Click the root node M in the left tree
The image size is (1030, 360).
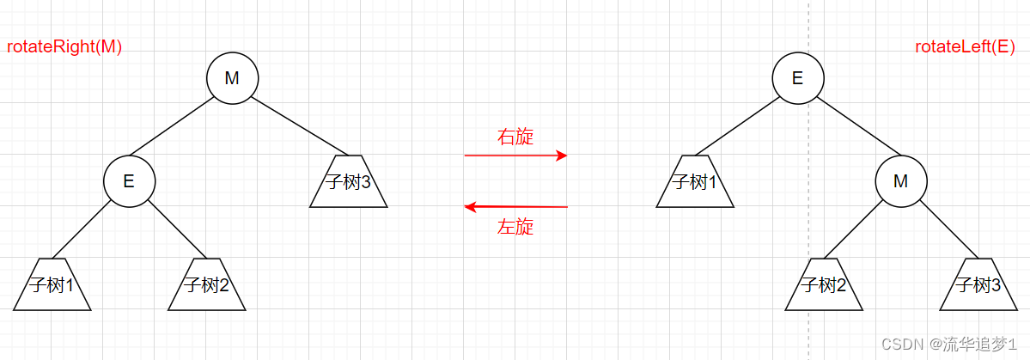click(232, 78)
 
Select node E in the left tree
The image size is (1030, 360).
click(129, 181)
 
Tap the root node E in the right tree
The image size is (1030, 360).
click(797, 78)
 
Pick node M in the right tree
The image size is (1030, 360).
click(900, 181)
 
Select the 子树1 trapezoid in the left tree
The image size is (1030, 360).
click(52, 284)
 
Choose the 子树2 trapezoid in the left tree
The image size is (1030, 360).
click(206, 284)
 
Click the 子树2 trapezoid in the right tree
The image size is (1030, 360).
click(823, 284)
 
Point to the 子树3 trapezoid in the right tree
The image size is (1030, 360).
click(978, 284)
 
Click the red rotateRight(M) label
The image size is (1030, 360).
click(65, 47)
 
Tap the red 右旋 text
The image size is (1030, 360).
click(515, 137)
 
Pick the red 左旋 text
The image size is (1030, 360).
click(515, 227)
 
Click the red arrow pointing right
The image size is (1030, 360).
click(515, 156)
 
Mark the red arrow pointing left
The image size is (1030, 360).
click(515, 207)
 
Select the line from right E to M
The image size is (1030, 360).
click(849, 130)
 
